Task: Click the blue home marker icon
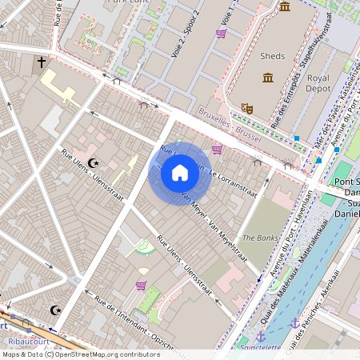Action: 180,173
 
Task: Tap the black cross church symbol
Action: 42,62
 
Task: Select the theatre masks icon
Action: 247,107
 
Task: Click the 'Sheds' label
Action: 273,56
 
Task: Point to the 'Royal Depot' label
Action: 318,84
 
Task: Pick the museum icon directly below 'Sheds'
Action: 267,78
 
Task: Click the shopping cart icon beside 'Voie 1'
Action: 221,34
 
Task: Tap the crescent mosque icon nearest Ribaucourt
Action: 55,310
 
